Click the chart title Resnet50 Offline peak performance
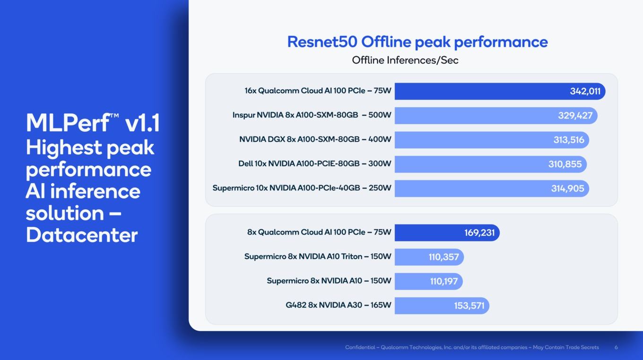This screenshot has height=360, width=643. tap(417, 42)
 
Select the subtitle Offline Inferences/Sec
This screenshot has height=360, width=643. tap(405, 60)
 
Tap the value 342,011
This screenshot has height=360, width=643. tap(585, 91)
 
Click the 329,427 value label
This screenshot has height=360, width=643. tap(575, 116)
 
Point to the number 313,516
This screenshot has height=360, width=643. tap(569, 140)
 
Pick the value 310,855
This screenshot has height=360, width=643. tap(565, 164)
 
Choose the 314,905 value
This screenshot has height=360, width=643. tap(567, 189)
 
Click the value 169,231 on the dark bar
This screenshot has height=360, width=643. tap(479, 232)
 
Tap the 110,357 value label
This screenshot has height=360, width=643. tap(443, 257)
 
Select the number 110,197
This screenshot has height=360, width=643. tap(443, 281)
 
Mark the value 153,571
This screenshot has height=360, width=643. tap(469, 306)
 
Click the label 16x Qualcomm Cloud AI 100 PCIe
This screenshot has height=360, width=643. tap(305, 91)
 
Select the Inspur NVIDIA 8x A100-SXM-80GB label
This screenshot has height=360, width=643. tap(295, 115)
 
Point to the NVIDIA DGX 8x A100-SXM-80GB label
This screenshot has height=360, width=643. tap(299, 139)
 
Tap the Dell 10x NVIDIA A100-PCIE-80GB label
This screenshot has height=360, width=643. tap(299, 163)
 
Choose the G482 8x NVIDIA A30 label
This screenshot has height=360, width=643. tap(324, 305)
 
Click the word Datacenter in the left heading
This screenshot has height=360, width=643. tap(82, 235)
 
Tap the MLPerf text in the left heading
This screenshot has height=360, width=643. tap(68, 123)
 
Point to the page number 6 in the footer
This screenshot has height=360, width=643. tap(616, 347)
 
